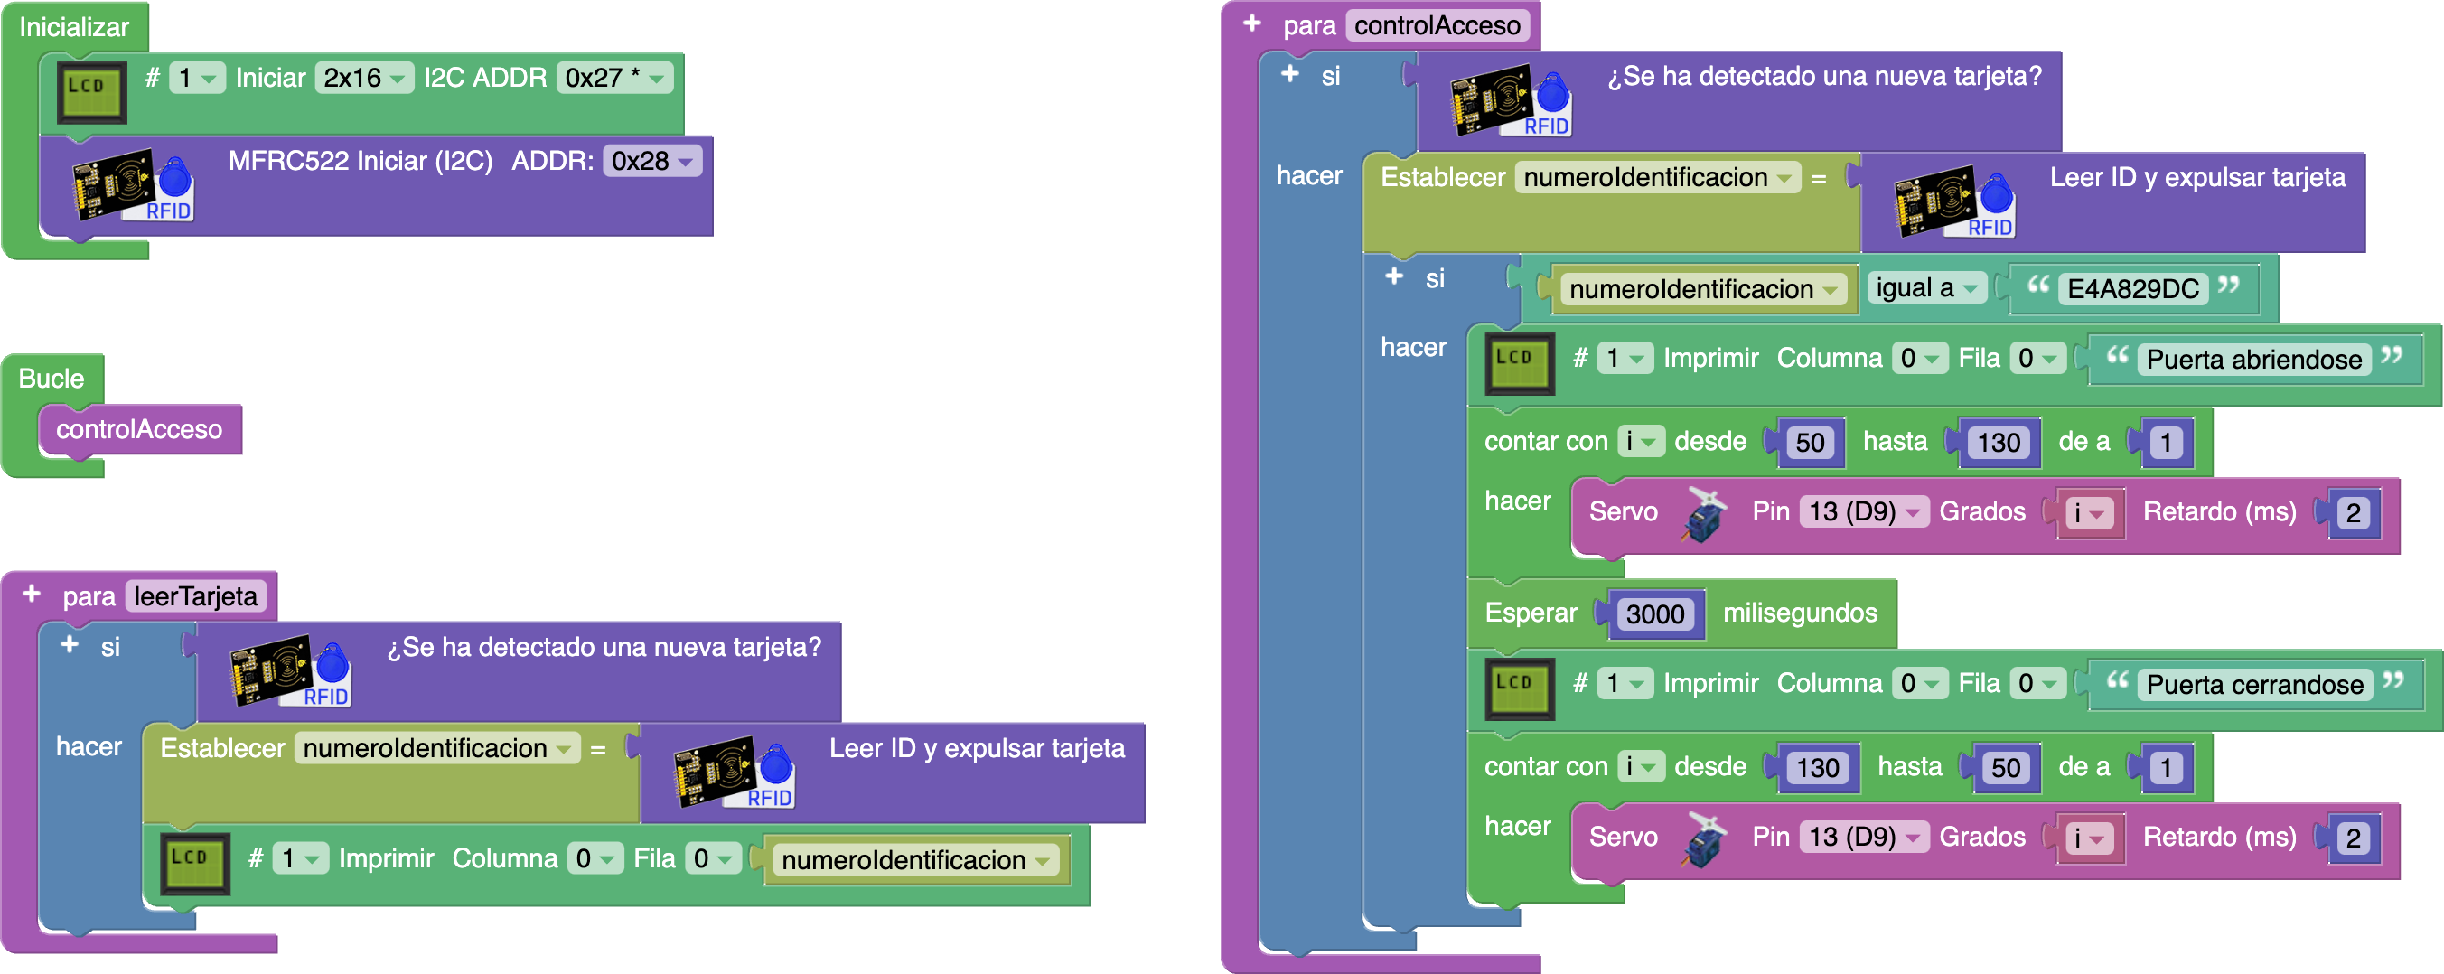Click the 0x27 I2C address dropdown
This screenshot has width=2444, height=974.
click(614, 78)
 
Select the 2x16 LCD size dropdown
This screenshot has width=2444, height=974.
click(364, 78)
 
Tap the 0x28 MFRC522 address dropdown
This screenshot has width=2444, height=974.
click(652, 161)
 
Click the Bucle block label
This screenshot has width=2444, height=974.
click(52, 379)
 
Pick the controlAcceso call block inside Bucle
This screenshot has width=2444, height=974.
click(138, 429)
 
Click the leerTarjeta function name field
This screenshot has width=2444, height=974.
click(195, 596)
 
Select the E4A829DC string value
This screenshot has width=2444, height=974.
click(2133, 289)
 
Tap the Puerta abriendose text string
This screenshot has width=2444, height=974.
click(2253, 360)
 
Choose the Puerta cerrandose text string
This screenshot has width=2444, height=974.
click(2254, 685)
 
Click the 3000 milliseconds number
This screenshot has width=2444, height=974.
click(1654, 613)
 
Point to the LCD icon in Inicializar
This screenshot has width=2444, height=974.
click(91, 91)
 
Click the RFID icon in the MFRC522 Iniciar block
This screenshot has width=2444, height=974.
click(133, 185)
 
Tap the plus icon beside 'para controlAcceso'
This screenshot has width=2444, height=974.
click(1252, 23)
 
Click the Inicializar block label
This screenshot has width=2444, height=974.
click(74, 26)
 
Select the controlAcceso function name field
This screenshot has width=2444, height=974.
click(1437, 25)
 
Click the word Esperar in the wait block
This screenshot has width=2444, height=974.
click(1531, 613)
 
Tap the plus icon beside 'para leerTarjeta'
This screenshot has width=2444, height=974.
click(32, 594)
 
